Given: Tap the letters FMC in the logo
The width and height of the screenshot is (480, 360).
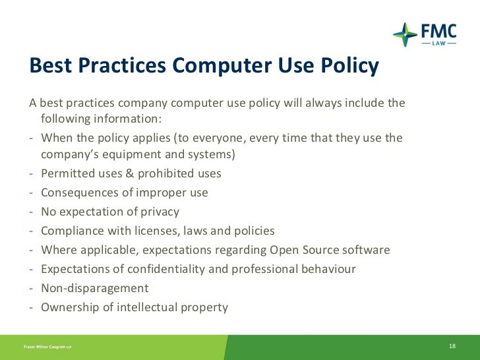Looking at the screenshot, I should tap(438, 30).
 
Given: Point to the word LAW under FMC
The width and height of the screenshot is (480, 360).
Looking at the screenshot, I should tap(438, 43).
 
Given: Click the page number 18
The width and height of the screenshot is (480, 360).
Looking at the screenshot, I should tap(452, 346).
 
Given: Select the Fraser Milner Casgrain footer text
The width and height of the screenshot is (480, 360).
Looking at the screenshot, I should tap(47, 347).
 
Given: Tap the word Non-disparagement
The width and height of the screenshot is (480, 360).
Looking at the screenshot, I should tap(94, 288).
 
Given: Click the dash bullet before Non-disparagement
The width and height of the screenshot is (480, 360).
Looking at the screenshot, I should tap(32, 288).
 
